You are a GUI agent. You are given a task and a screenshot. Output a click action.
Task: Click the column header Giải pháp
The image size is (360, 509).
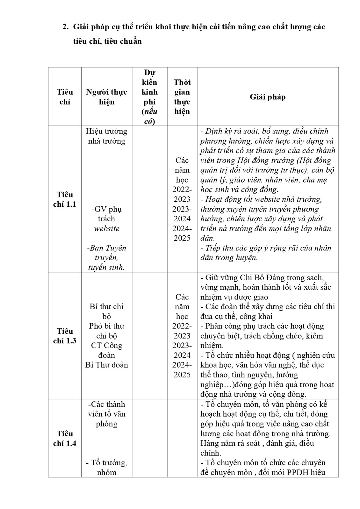tap(267, 97)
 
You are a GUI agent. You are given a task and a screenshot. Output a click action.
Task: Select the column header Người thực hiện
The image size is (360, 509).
tap(106, 97)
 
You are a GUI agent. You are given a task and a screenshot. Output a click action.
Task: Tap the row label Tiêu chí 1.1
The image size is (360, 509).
tap(65, 199)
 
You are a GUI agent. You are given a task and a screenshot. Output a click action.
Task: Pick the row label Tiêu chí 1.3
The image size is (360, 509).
tap(65, 336)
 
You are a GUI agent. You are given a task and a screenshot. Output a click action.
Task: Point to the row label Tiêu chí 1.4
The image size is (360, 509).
tap(65, 438)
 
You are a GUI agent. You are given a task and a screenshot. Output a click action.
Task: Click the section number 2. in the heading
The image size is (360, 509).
tap(66, 27)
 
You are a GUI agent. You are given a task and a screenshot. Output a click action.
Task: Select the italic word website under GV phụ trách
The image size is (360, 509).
tap(106, 229)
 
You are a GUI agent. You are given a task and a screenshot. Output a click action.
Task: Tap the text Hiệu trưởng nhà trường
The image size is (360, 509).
tap(106, 136)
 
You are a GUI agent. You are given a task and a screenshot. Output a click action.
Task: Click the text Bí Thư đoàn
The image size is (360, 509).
tap(106, 365)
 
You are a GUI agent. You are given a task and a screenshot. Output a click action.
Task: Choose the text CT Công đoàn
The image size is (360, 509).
tap(106, 350)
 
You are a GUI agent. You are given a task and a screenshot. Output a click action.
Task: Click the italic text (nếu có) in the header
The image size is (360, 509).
tap(149, 117)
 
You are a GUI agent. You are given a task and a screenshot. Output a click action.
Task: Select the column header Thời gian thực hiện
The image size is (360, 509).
tap(182, 97)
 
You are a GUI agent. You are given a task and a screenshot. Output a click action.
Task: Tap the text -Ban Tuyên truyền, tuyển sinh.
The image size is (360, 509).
tap(106, 258)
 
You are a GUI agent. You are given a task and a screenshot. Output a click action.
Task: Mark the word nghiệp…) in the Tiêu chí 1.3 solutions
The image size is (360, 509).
tap(213, 384)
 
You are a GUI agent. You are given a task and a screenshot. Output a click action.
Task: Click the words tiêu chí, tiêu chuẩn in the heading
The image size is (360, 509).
tap(107, 41)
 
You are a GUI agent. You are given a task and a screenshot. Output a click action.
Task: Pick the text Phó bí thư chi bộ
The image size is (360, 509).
tap(106, 331)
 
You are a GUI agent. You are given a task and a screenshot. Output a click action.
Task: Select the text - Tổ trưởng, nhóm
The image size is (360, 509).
tap(106, 467)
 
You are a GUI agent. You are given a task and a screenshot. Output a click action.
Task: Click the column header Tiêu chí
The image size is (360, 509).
tap(65, 97)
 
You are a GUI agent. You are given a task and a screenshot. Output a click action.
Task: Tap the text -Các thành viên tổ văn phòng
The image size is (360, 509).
tap(106, 414)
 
